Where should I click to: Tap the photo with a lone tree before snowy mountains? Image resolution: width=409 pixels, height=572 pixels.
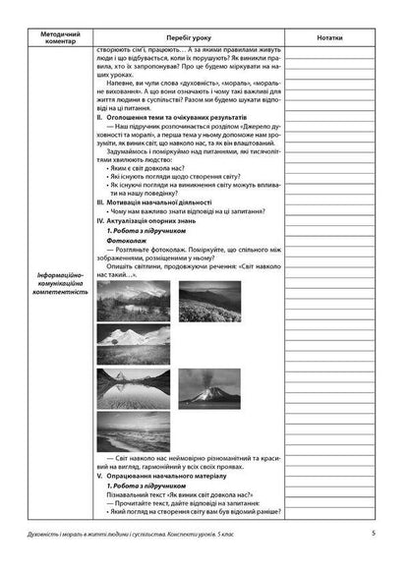point(137,342)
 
